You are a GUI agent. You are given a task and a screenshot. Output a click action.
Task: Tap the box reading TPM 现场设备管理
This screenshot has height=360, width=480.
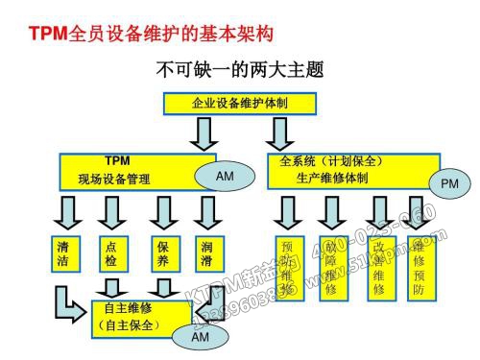pos(125,170)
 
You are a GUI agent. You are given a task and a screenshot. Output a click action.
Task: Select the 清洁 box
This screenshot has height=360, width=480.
pos(63,253)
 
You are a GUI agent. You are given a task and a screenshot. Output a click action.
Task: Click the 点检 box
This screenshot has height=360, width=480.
pos(113,253)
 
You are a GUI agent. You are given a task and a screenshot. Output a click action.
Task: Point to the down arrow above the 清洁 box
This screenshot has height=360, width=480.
pos(64,211)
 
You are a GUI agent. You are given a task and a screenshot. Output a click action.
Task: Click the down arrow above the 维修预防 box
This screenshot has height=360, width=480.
pos(419,212)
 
